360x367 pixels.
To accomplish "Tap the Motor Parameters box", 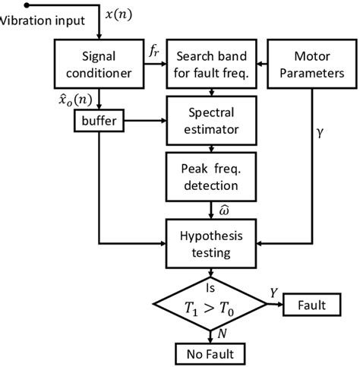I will [x=311, y=64].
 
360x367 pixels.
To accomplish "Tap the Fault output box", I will [x=312, y=306].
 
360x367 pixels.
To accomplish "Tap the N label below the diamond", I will [x=221, y=334].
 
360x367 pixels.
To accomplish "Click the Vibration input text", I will [x=42, y=21].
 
